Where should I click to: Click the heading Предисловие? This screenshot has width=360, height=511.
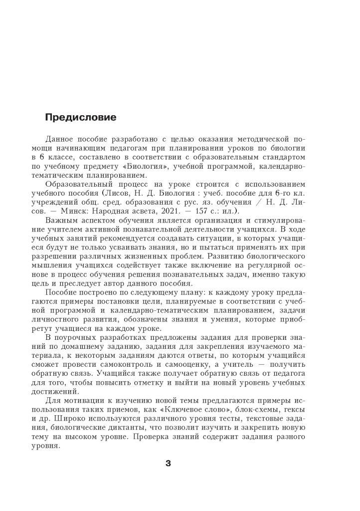click(80, 118)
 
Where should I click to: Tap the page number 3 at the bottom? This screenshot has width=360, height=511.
click(168, 464)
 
